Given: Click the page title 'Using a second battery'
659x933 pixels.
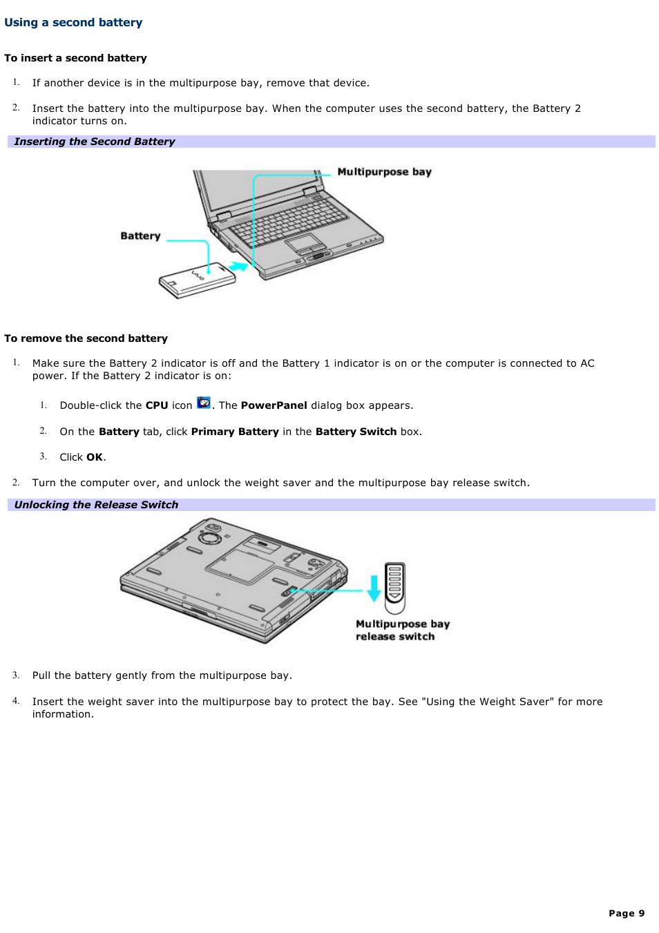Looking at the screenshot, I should [73, 22].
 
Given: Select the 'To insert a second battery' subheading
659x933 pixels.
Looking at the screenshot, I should [75, 58].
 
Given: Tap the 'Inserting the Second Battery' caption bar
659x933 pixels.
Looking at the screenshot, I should [95, 142].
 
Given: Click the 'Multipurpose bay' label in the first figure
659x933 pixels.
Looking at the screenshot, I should [384, 172].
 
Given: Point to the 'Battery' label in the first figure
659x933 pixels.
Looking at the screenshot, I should [140, 236].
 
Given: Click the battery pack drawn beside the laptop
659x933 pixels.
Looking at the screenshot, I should [197, 280].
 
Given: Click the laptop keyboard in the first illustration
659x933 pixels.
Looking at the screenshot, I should [289, 220].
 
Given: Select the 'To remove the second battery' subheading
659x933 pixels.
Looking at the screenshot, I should [86, 338].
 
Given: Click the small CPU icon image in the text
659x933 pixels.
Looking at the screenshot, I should [204, 403].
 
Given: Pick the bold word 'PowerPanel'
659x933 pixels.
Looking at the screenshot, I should [274, 405].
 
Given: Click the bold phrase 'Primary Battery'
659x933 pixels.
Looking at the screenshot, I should [235, 432].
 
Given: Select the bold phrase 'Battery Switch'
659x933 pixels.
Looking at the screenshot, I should [356, 432].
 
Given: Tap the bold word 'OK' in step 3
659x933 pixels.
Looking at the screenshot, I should [95, 457].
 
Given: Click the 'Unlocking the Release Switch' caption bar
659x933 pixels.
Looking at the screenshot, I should [96, 505].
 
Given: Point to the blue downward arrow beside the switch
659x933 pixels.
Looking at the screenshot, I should [374, 588].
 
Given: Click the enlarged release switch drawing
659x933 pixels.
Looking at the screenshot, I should [395, 587].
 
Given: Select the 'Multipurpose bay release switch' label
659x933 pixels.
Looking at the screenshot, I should [402, 630].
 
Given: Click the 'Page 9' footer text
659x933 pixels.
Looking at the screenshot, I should [627, 913].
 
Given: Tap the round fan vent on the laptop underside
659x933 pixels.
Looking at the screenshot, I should [210, 536].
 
